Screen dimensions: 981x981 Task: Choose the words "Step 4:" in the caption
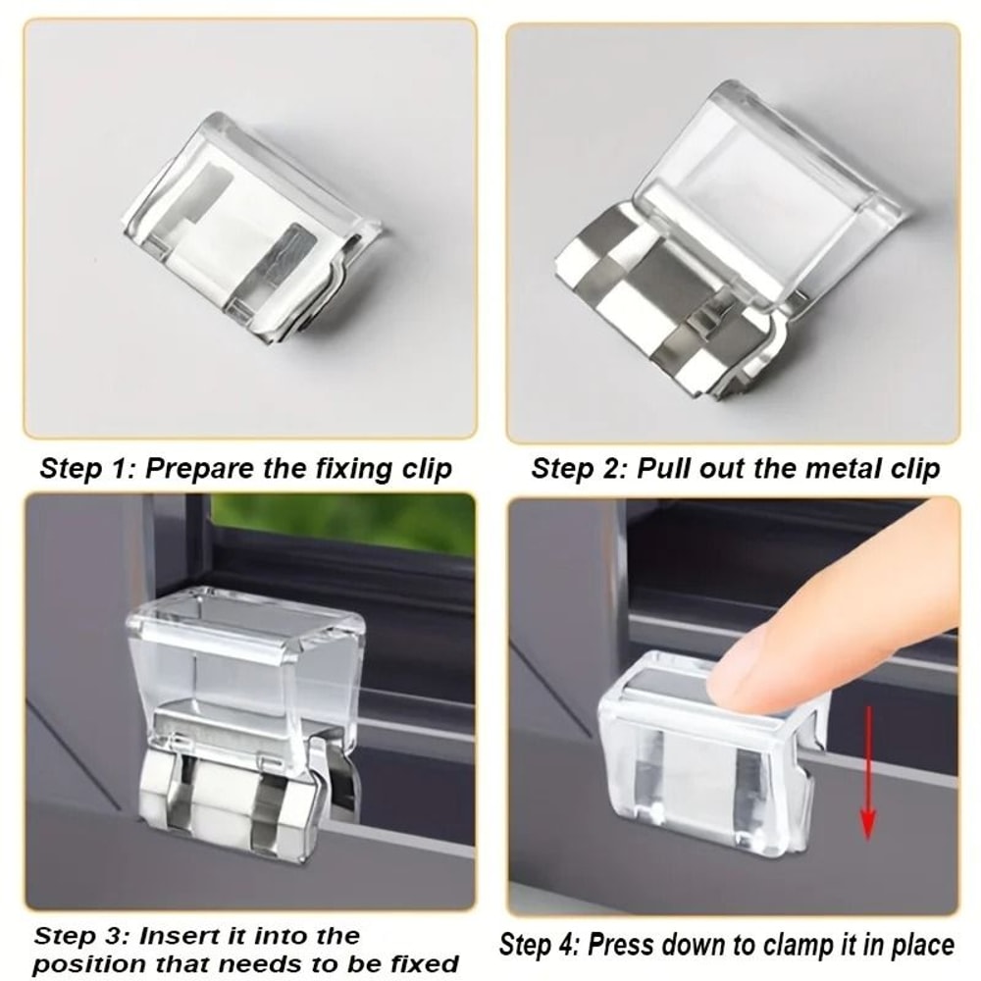pos(540,946)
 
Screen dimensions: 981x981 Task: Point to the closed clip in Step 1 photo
pos(250,231)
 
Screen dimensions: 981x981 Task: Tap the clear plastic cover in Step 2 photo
pos(775,186)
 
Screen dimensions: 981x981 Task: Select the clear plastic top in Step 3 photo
pos(245,647)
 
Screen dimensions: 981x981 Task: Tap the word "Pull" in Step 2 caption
pos(663,468)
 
